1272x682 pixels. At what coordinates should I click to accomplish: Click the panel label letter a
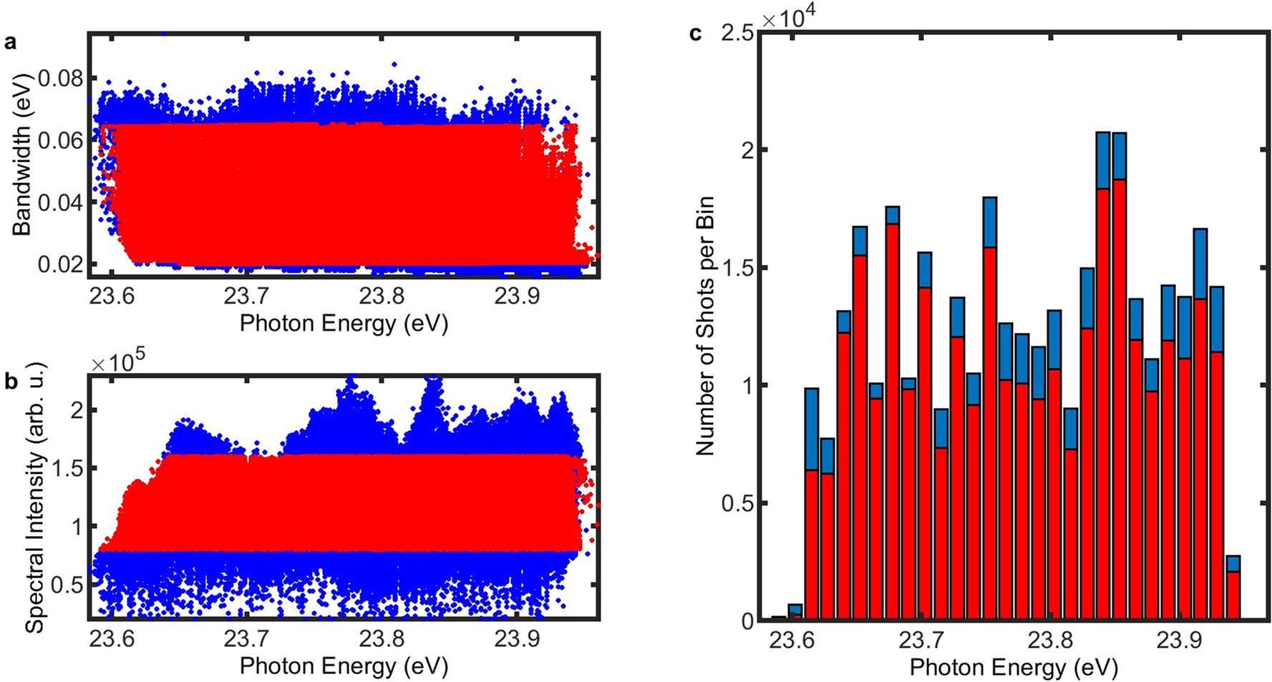click(10, 42)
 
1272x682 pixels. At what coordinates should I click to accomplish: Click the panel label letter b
click(11, 381)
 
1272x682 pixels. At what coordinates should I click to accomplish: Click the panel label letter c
click(694, 34)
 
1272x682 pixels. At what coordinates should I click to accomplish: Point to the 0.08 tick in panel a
click(61, 78)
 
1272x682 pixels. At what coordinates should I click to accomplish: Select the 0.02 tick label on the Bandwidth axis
click(61, 264)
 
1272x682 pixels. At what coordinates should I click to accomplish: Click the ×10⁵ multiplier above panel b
click(119, 364)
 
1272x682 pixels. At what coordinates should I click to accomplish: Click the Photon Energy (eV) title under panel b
click(344, 666)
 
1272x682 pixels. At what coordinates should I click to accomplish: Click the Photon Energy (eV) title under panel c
click(1013, 668)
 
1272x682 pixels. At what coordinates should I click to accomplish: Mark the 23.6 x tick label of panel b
click(112, 638)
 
